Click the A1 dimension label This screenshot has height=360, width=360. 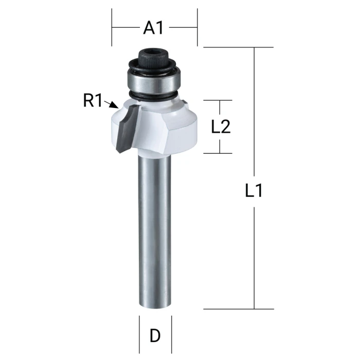(153, 28)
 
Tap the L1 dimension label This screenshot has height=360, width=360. (254, 191)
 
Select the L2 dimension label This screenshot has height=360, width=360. (221, 127)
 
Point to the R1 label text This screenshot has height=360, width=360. (92, 100)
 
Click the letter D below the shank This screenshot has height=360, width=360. (155, 336)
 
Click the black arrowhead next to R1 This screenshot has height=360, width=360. (114, 105)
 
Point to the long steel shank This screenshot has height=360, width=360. (155, 229)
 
